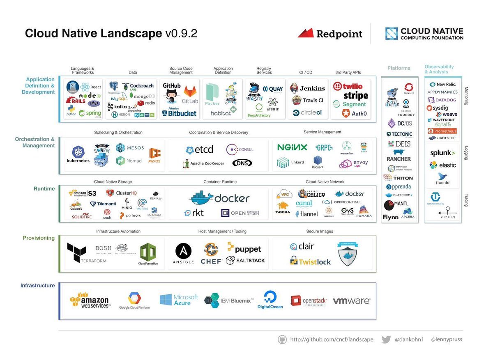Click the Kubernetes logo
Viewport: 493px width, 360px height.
pyautogui.click(x=78, y=154)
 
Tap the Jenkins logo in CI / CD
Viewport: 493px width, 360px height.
pyautogui.click(x=307, y=88)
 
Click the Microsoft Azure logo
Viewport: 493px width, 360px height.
pyautogui.click(x=179, y=300)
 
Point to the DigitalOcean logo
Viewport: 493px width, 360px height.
pyautogui.click(x=270, y=300)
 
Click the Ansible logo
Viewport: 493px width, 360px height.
pyautogui.click(x=183, y=253)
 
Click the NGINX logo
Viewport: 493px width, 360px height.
pyautogui.click(x=292, y=147)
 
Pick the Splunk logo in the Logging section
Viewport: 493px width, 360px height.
pyautogui.click(x=442, y=153)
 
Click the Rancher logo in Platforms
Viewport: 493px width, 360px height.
pyautogui.click(x=399, y=159)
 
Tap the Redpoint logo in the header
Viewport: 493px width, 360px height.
pyautogui.click(x=330, y=34)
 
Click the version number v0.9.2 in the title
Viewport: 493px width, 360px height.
pyautogui.click(x=181, y=33)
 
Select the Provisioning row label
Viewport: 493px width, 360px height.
pyautogui.click(x=39, y=238)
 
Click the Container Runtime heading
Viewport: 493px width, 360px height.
pyautogui.click(x=220, y=181)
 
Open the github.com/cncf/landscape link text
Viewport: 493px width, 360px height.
pyautogui.click(x=332, y=339)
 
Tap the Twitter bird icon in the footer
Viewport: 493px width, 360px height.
pyautogui.click(x=386, y=339)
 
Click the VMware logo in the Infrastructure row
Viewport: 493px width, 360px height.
pyautogui.click(x=351, y=301)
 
